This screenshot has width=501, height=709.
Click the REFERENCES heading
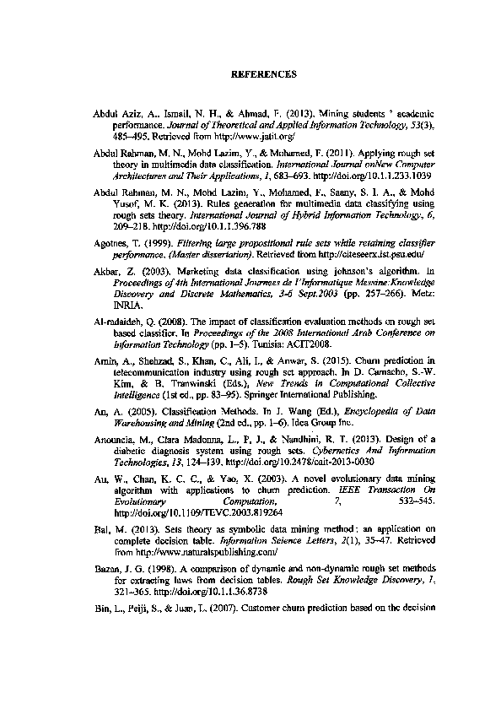click(x=264, y=74)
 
